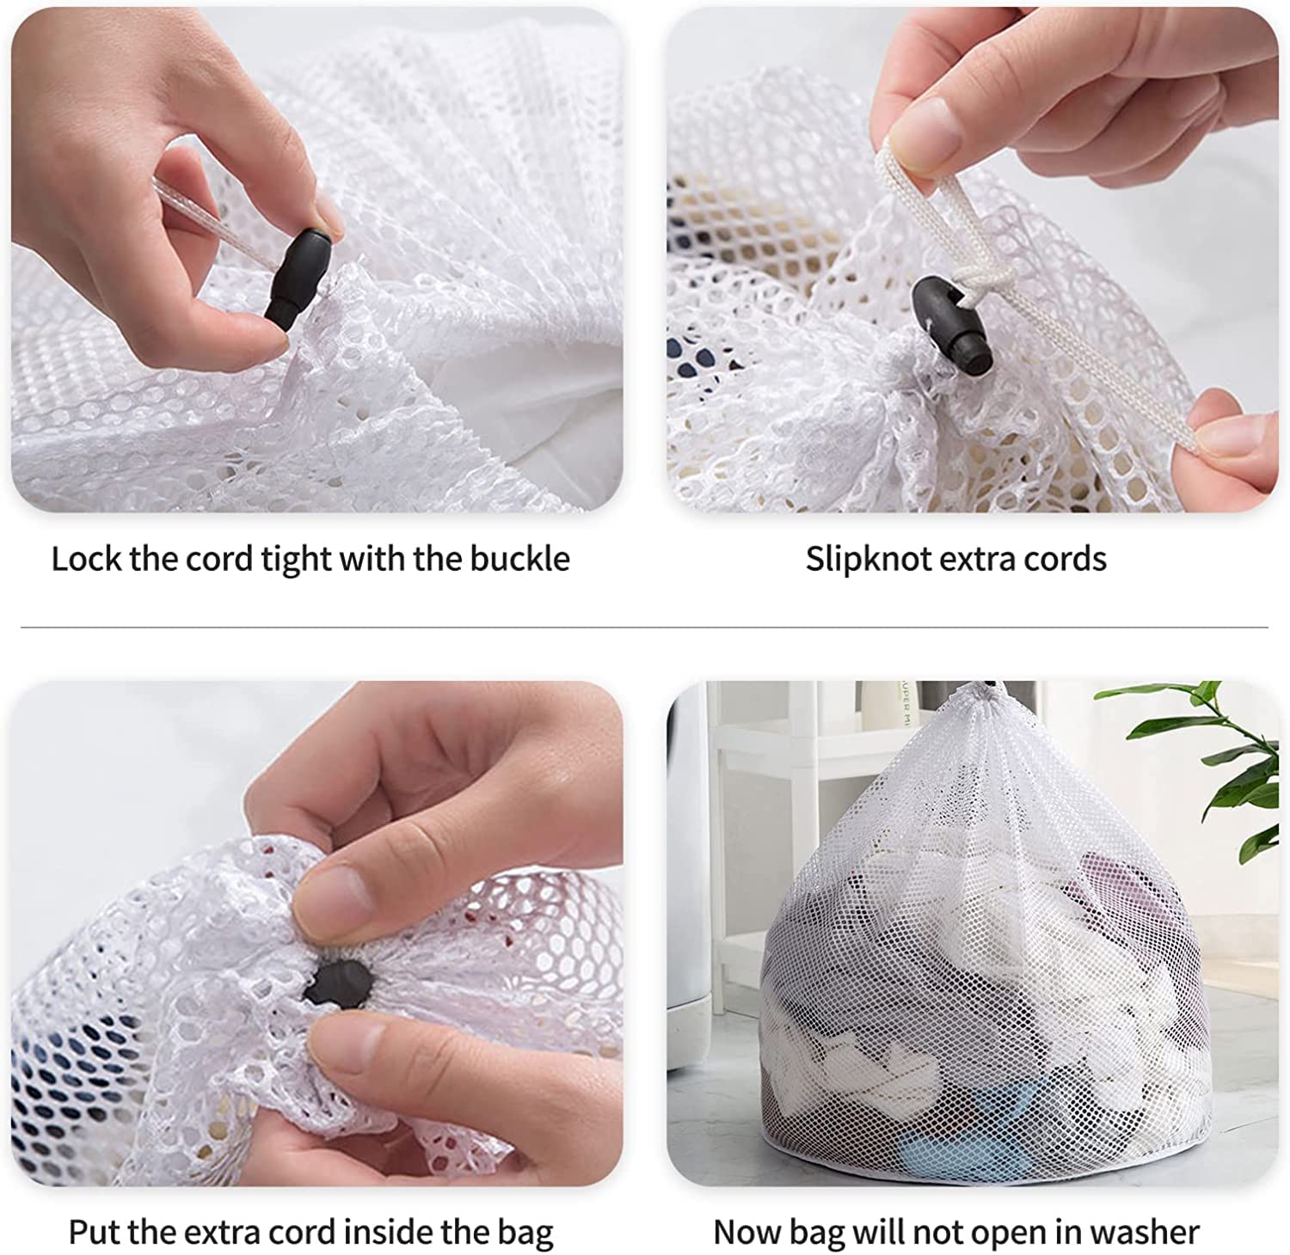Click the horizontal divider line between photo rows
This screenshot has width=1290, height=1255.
pyautogui.click(x=645, y=627)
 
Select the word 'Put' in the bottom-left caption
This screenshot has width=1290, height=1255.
pyautogui.click(x=94, y=1232)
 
